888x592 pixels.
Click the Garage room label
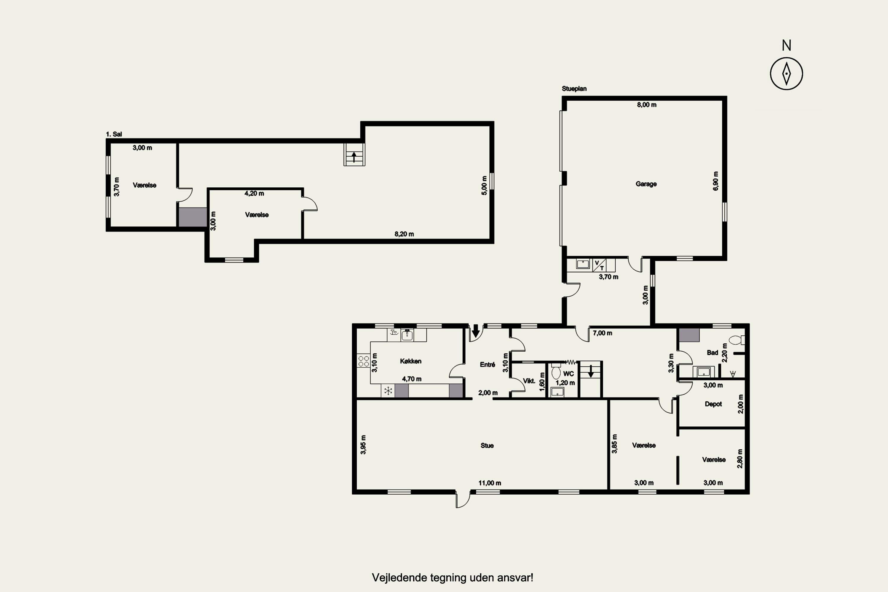click(646, 184)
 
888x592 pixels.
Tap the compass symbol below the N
click(786, 74)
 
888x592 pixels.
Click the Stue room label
click(487, 445)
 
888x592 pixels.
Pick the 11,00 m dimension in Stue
click(490, 483)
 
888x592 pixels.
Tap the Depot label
click(713, 404)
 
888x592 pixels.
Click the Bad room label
click(712, 353)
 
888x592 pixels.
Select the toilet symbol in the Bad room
click(737, 340)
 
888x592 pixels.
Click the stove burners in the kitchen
click(363, 361)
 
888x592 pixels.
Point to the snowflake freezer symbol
click(388, 391)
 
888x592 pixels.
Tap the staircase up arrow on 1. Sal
click(354, 157)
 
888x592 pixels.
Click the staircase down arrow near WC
click(591, 371)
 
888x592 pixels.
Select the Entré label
click(488, 365)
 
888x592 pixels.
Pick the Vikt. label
click(529, 381)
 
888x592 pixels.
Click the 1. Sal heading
click(114, 134)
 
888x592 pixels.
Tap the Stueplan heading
click(574, 89)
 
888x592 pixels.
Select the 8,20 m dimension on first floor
click(404, 234)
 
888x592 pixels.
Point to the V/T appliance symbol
click(599, 265)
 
